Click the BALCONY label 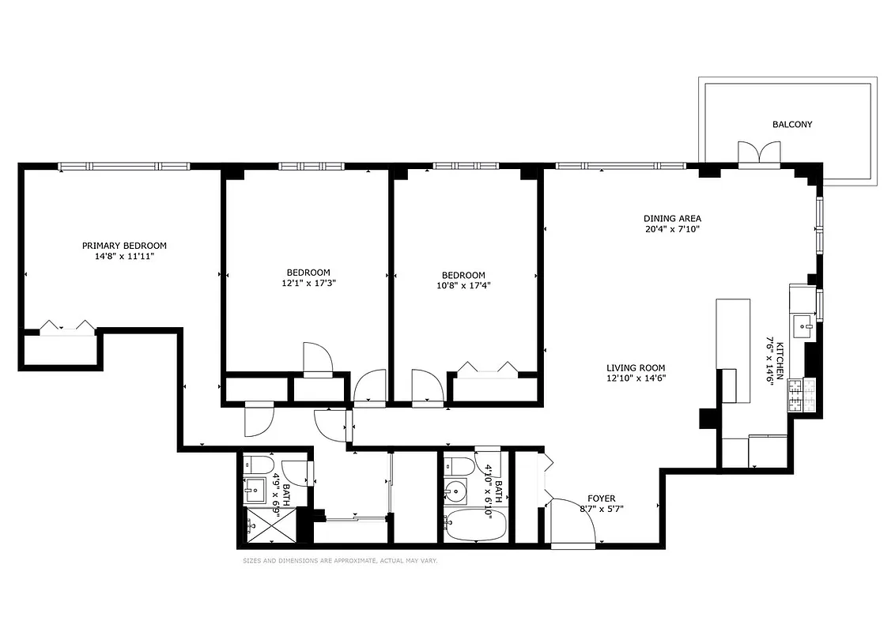pyautogui.click(x=791, y=124)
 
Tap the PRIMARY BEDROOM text pyautogui.click(x=125, y=246)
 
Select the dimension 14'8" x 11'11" pyautogui.click(x=125, y=257)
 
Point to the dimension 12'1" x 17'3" pyautogui.click(x=308, y=283)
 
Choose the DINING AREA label pyautogui.click(x=672, y=219)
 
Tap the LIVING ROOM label pyautogui.click(x=636, y=367)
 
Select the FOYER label pyautogui.click(x=602, y=498)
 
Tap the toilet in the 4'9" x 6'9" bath pyautogui.click(x=259, y=465)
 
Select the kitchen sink pyautogui.click(x=803, y=324)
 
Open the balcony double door pyautogui.click(x=759, y=153)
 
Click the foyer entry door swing pyautogui.click(x=573, y=521)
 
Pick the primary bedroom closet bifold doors pyautogui.click(x=68, y=327)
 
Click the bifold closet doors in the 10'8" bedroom pyautogui.click(x=487, y=368)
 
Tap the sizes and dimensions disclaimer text pyautogui.click(x=340, y=561)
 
